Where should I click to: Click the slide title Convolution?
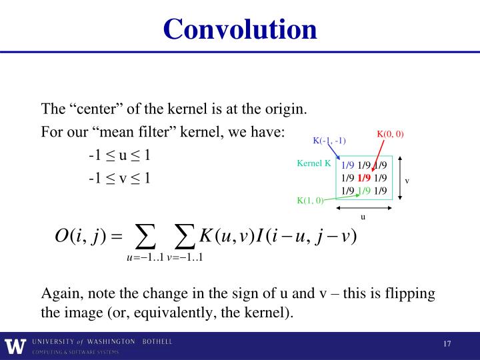coord(239,29)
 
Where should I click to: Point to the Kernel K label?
coord(314,163)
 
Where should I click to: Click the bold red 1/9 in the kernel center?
coord(363,178)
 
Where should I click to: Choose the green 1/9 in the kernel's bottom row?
coord(363,190)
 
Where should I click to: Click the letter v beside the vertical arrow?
coord(407,180)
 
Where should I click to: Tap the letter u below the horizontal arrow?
coord(363,217)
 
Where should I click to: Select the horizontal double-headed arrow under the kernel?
coord(363,207)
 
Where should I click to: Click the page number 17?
coord(447,343)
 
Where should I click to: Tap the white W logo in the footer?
coord(13,346)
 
